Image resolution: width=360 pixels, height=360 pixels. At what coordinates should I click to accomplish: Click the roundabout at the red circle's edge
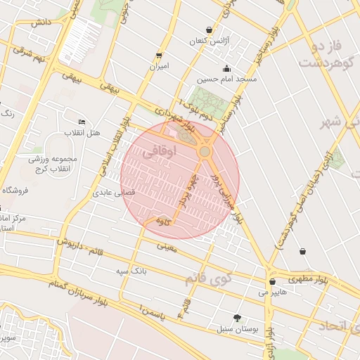[205, 152]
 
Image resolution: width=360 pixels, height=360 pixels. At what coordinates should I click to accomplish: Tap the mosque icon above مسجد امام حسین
[226, 69]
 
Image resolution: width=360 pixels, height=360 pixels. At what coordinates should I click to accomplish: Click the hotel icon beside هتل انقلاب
[82, 122]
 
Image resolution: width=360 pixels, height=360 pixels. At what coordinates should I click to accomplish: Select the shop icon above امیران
[159, 56]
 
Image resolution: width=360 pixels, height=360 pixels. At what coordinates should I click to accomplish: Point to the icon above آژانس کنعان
[210, 30]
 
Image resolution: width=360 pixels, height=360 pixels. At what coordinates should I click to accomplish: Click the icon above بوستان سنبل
[237, 317]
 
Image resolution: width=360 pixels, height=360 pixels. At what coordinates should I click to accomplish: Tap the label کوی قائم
[209, 276]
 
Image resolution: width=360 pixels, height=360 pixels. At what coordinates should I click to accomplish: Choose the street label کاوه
[164, 222]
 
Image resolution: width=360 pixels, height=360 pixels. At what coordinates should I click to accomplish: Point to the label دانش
[41, 22]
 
